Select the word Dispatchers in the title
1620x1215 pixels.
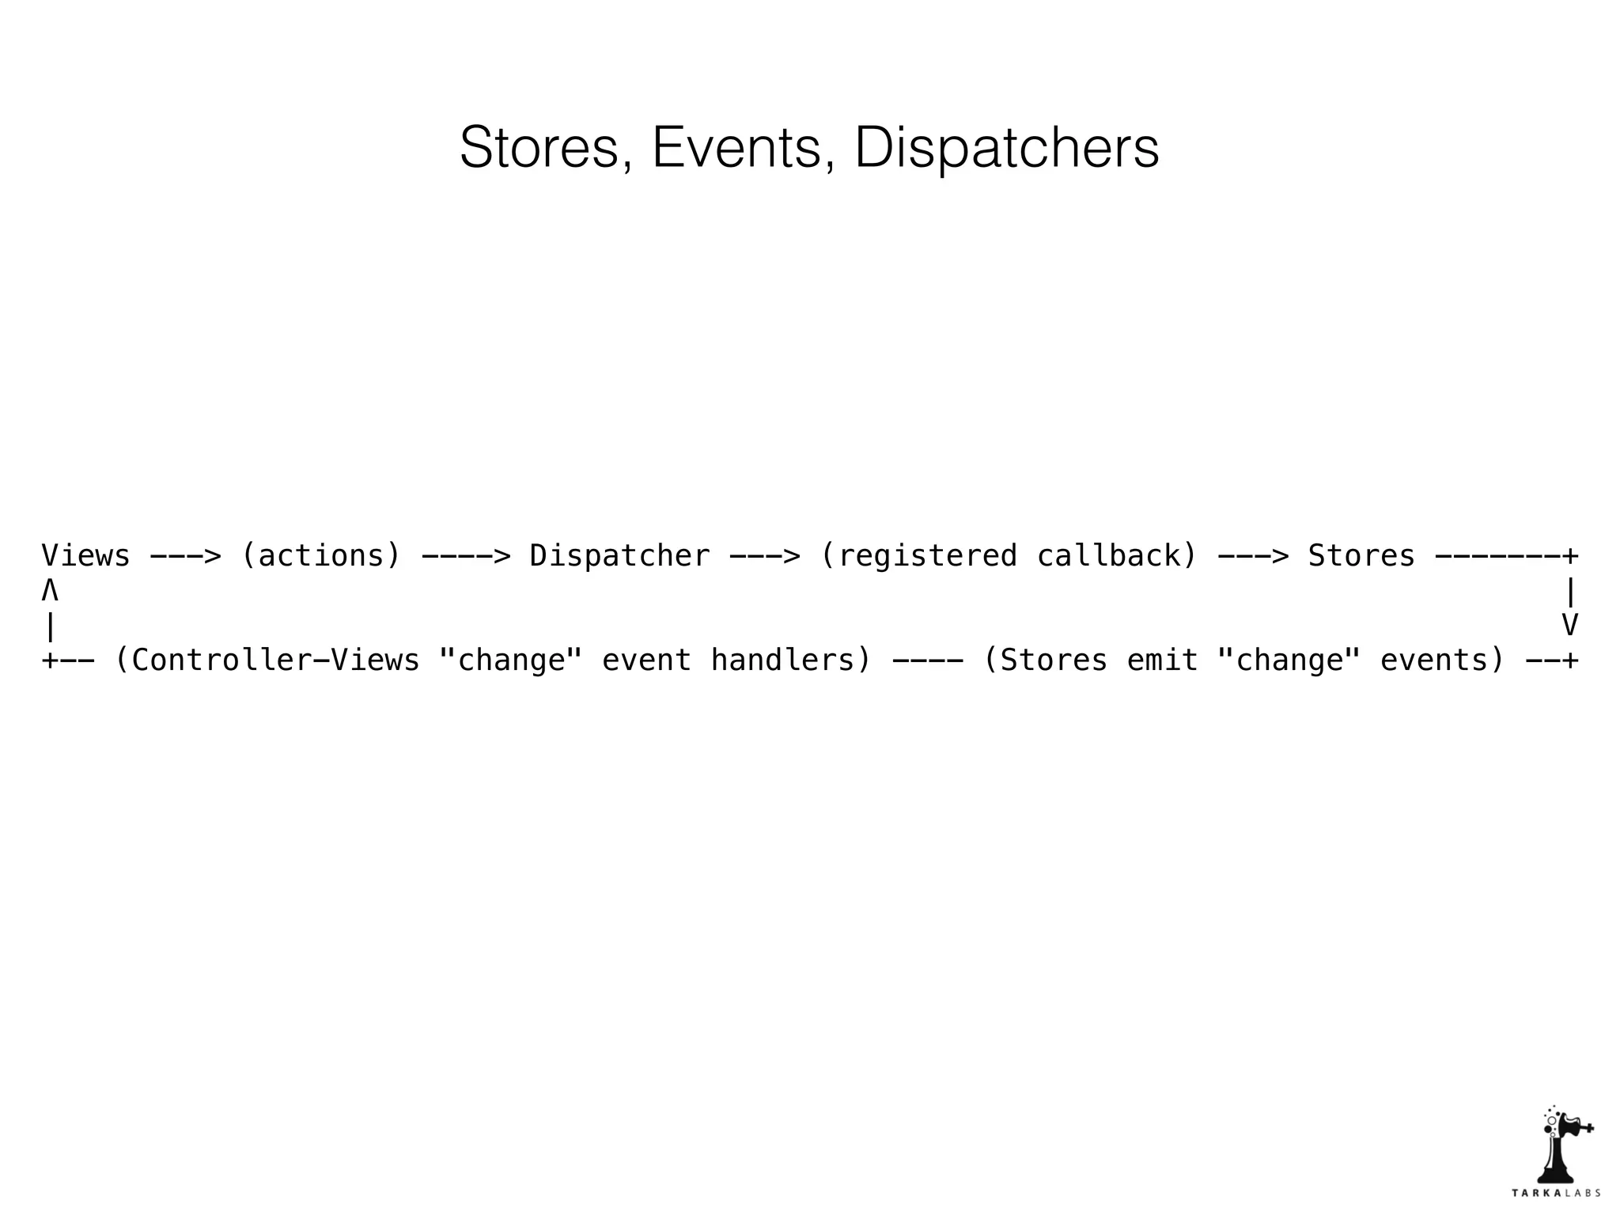(1006, 148)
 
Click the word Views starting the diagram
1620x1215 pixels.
(85, 555)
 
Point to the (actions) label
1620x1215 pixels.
(321, 556)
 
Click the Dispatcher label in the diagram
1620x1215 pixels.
(619, 556)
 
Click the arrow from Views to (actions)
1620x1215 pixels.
(185, 556)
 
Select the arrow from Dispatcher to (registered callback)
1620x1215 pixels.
(764, 556)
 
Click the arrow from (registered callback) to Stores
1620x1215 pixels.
(1253, 556)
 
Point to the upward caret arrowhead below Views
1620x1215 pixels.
(50, 591)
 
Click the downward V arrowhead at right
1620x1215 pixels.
(1570, 625)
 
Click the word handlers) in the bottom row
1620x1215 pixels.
(790, 660)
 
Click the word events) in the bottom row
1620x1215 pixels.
(1442, 660)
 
